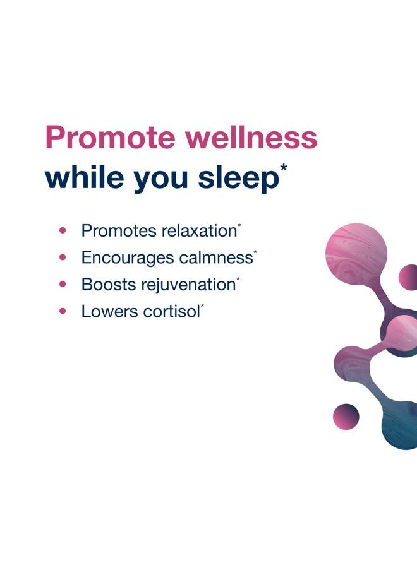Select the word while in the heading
pos(84,177)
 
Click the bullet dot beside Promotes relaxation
pos(63,231)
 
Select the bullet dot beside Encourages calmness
pos(63,257)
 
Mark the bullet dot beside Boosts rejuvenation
pos(63,284)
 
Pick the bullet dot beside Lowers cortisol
pos(63,311)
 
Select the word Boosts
pos(104,284)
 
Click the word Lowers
pos(106,311)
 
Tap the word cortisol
pos(173,311)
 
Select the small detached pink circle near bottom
pos(346,416)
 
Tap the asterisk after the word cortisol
pos(202,306)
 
